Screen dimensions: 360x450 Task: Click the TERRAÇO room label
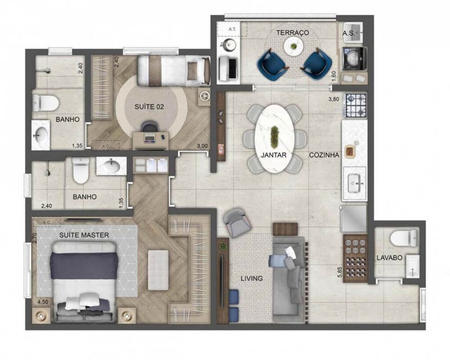pos(292,33)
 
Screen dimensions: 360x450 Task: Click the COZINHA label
pos(324,155)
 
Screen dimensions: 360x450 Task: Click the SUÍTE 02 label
pos(149,107)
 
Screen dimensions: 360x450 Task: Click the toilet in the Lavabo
pos(404,237)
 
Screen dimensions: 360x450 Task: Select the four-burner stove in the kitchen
pos(355,106)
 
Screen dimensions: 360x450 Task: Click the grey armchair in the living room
pos(237,222)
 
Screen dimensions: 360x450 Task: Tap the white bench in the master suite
pos(158,270)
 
